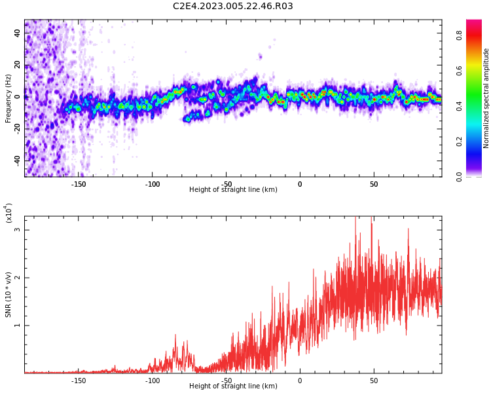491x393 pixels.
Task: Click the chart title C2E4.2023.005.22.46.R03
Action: click(233, 7)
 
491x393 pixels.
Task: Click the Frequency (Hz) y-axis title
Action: click(9, 98)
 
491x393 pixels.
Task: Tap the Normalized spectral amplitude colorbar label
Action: click(486, 98)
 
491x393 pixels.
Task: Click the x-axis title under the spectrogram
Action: click(233, 190)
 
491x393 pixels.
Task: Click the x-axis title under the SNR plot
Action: click(233, 386)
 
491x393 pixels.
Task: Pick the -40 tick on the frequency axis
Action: click(16, 160)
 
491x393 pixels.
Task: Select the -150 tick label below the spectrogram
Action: click(79, 184)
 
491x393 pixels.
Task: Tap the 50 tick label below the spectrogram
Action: click(374, 184)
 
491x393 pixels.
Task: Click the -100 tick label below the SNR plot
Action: click(153, 380)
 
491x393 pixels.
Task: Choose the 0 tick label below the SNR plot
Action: click(300, 380)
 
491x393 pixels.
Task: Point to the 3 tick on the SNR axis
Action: click(18, 230)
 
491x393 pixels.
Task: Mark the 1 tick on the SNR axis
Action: click(18, 326)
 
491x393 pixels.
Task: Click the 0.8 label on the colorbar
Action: click(460, 36)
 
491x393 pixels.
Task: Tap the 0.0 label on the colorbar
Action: click(460, 176)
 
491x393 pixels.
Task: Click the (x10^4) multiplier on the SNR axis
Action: click(9, 214)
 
